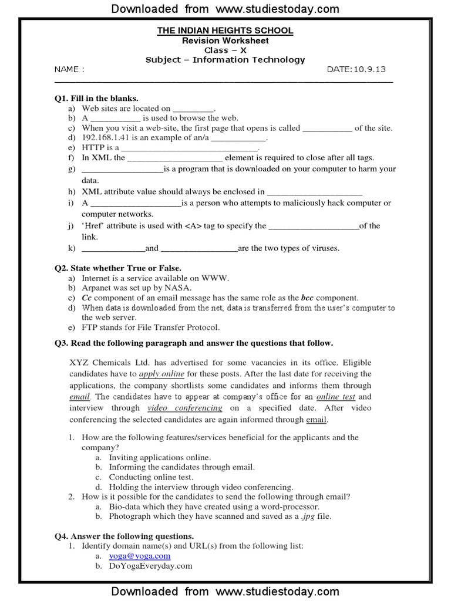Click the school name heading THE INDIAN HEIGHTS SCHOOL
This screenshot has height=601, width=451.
pos(225,31)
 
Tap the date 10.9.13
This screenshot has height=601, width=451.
pos(369,69)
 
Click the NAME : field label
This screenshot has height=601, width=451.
pos(69,69)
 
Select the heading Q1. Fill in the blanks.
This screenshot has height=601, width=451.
pos(96,98)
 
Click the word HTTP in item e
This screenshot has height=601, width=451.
pos(93,148)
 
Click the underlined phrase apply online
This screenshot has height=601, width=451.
pos(161,374)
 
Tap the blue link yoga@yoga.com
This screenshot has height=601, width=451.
pos(140,556)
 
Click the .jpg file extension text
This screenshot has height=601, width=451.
pos(307,516)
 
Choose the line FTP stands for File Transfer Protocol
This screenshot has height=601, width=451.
pos(150,327)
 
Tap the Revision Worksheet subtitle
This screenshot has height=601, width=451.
pos(225,40)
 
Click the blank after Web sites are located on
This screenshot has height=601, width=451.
pos(194,109)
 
